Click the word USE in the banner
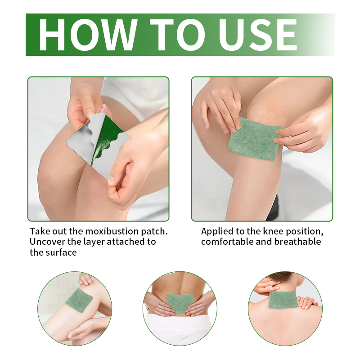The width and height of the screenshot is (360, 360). [257, 35]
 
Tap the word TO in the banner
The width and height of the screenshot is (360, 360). [177, 35]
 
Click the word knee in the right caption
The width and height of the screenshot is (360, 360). [273, 231]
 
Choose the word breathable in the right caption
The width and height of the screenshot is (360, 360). [297, 242]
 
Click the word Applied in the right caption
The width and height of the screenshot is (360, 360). [217, 232]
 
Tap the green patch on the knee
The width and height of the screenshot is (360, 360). [255, 139]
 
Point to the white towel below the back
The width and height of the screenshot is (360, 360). [180, 329]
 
